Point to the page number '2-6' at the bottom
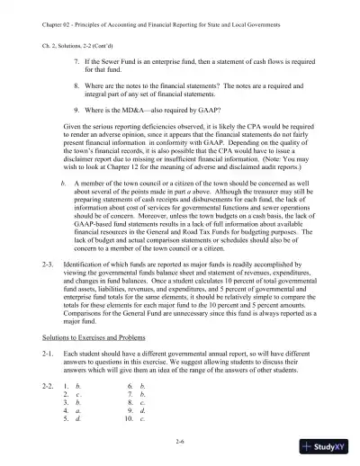click(x=180, y=438)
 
